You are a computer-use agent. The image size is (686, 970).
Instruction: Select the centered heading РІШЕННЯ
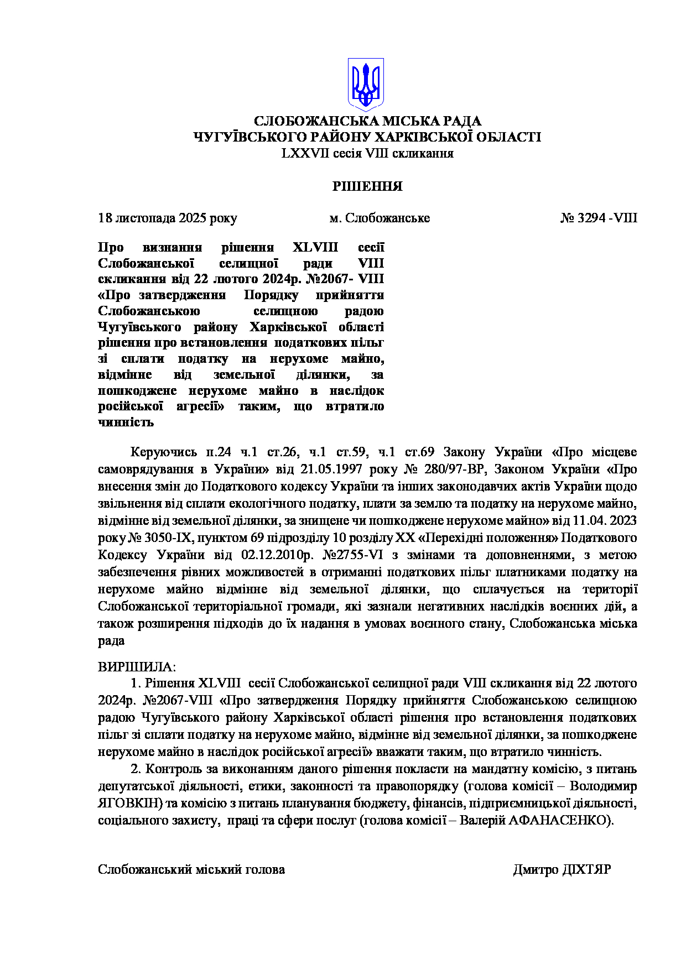367,186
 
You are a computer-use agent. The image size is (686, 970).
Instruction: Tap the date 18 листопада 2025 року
168,218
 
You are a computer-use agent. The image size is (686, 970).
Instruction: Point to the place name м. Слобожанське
380,218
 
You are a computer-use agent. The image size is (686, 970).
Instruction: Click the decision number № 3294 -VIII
599,218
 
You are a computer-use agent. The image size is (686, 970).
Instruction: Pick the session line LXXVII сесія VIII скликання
367,153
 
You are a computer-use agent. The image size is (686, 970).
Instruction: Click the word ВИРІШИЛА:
136,666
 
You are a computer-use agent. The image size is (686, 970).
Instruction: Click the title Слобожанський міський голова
191,869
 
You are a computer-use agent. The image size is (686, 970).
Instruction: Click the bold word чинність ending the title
126,423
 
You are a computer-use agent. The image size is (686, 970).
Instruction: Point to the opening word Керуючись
163,452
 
